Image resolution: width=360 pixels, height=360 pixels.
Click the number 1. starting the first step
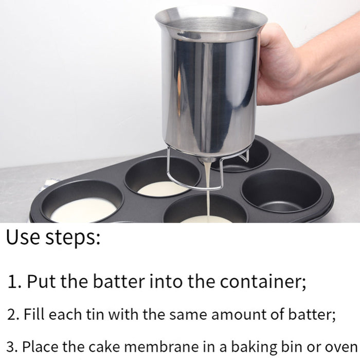(x=14, y=282)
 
